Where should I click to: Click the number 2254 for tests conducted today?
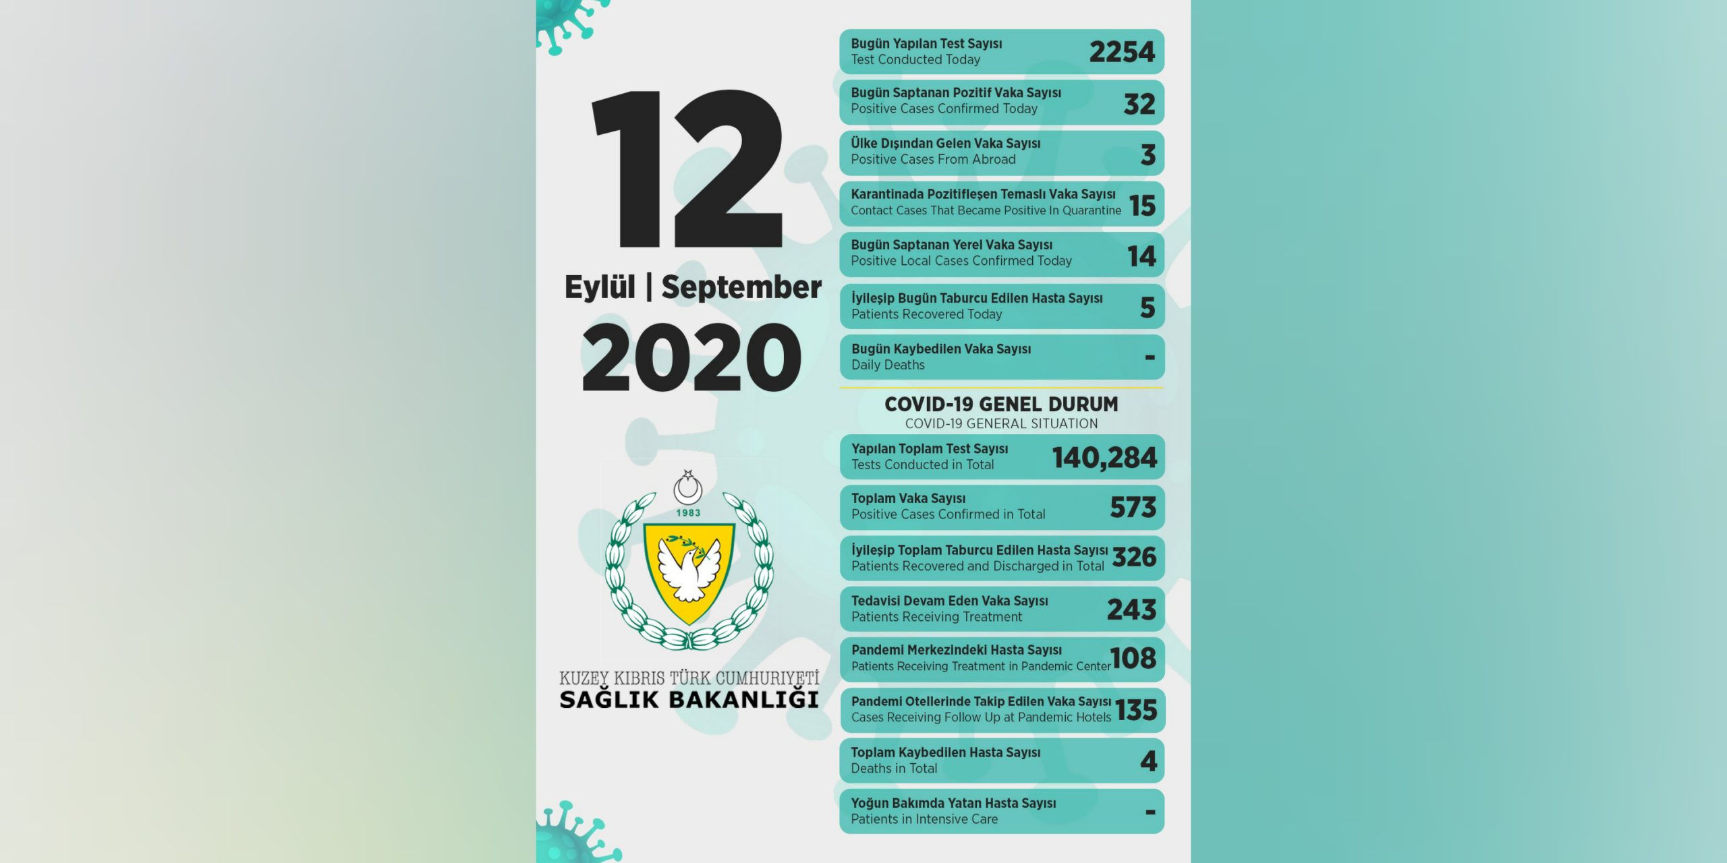coord(1122,52)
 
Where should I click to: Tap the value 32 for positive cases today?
coord(1139,104)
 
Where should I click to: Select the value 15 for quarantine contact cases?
coord(1143,206)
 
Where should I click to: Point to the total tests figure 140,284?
coord(1104,458)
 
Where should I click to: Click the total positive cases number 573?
coord(1133,508)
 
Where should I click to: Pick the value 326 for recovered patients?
coord(1134,558)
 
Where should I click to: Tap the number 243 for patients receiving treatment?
coord(1131,609)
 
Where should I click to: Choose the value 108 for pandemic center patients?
coord(1133,659)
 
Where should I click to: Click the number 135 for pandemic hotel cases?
coord(1136,710)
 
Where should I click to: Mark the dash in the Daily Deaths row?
coord(1150,357)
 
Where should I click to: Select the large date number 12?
coord(687,169)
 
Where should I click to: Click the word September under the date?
coord(741,287)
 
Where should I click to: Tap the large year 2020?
coord(691,357)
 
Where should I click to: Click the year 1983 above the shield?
coord(688,513)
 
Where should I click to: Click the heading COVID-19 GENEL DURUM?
coord(1001,405)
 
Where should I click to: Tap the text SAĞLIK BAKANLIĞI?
coord(689,700)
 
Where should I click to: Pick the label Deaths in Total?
coord(894,769)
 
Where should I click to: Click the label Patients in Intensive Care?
coord(924,819)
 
